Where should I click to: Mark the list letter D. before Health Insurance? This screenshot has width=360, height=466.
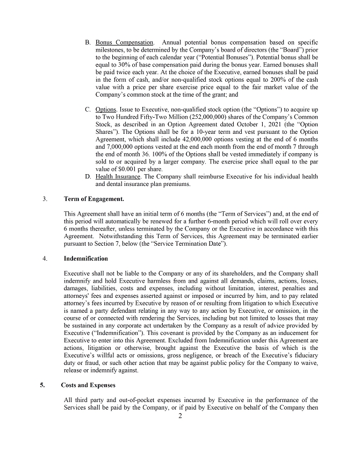click(x=88, y=176)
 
